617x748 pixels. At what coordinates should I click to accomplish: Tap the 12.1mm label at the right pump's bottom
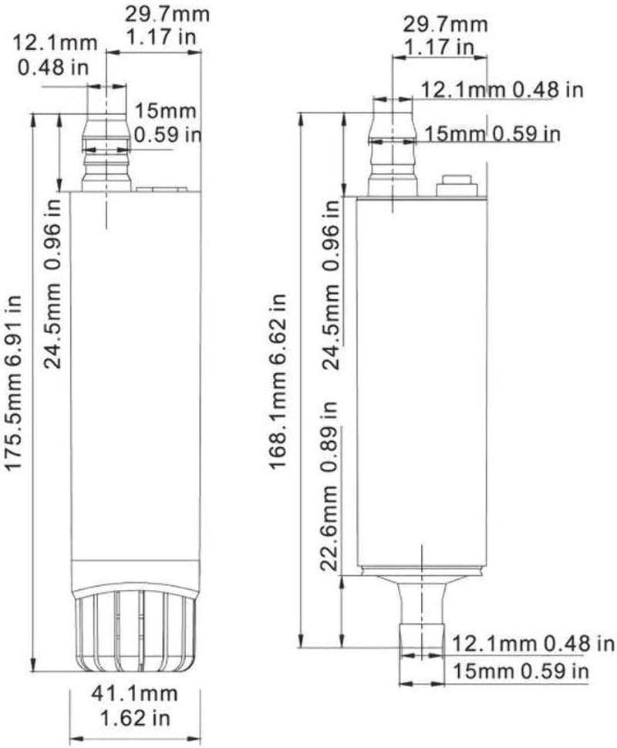click(491, 642)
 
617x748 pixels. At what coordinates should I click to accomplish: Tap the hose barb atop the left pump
click(105, 151)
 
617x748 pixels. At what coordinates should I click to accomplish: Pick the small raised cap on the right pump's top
click(455, 185)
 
